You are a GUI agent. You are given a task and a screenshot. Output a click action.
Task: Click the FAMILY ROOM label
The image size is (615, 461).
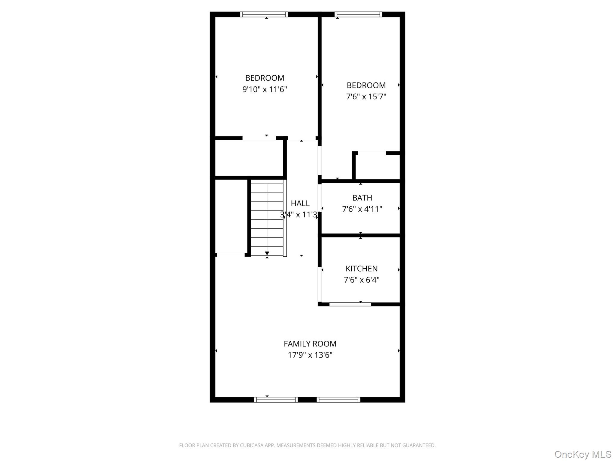(310, 344)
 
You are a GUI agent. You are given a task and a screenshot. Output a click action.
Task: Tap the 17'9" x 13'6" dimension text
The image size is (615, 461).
(310, 355)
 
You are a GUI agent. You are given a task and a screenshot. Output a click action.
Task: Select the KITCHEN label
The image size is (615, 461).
(362, 269)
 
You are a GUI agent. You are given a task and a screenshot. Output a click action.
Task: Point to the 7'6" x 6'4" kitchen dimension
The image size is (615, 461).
(362, 280)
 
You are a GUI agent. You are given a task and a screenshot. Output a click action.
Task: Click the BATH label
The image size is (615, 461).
(362, 198)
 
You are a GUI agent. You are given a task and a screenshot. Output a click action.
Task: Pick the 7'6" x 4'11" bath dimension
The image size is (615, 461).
(362, 209)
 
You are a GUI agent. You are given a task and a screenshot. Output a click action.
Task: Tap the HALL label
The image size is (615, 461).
(300, 203)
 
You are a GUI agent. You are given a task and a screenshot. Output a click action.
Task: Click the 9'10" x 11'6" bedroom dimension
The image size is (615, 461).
(265, 89)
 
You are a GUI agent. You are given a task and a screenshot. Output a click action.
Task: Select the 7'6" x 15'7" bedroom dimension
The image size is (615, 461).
(366, 97)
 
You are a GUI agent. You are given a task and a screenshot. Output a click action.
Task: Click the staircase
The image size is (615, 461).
(267, 218)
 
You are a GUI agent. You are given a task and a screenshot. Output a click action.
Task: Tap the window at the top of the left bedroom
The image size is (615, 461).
(264, 14)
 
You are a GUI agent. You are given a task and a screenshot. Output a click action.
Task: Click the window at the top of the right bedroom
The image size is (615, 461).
(358, 14)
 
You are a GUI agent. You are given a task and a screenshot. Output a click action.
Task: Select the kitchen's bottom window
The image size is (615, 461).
(350, 304)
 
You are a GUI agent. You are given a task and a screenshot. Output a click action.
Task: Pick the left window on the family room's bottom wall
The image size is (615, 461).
(276, 400)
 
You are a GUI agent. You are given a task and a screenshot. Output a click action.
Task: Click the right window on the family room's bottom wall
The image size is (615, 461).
(338, 400)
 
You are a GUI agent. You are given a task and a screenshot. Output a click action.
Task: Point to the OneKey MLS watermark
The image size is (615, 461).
(583, 454)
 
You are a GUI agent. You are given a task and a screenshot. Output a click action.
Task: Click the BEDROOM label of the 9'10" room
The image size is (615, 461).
(265, 78)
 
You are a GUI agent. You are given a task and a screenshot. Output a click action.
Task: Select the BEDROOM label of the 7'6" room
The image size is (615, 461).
(366, 85)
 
